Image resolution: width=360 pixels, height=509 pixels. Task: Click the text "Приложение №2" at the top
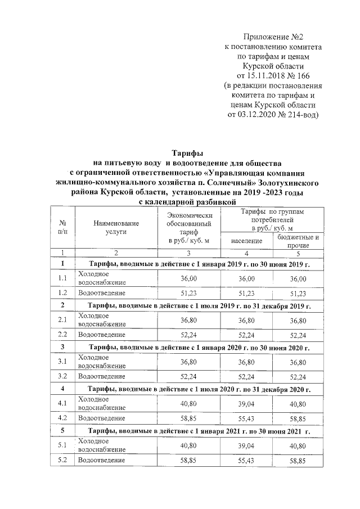[x=273, y=37]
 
